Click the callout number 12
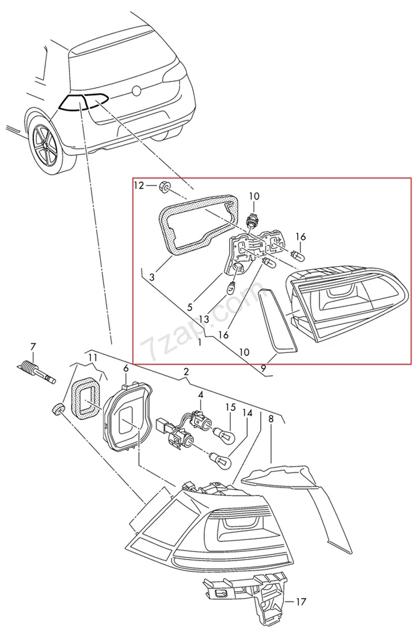coord(138,185)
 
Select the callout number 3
coord(151,277)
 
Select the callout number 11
coord(92,357)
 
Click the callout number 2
coord(186,372)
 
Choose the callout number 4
coord(200,394)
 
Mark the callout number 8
coord(271,419)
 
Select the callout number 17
coord(301,601)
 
